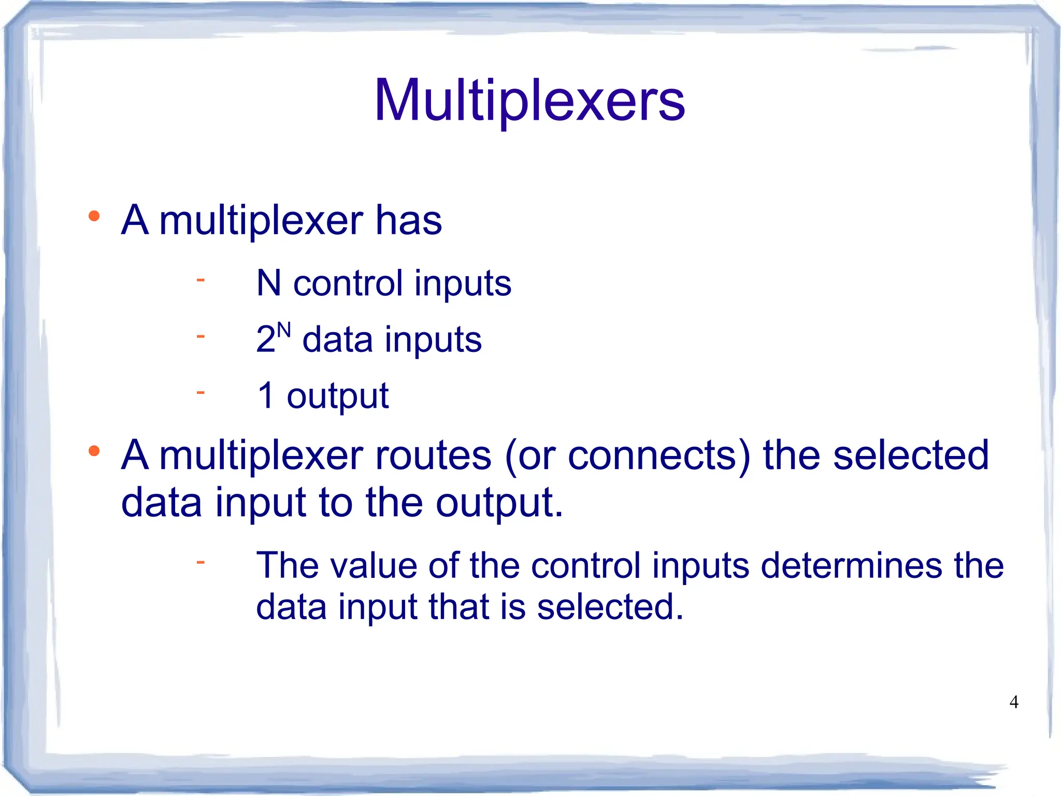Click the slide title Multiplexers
[529, 101]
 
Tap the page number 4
[1014, 702]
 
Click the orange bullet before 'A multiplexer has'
[94, 216]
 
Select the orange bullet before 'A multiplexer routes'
[94, 451]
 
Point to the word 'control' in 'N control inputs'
[348, 283]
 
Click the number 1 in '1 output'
[266, 395]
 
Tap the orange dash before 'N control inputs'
[200, 280]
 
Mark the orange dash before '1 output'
[200, 392]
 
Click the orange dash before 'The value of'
[200, 561]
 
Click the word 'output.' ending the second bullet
[499, 503]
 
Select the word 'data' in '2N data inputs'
[337, 340]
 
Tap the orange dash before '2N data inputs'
[200, 336]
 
